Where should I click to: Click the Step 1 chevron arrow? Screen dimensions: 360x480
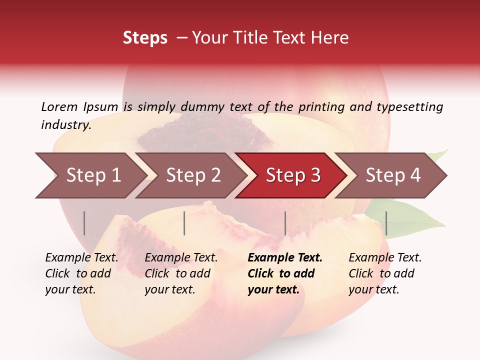(x=90, y=175)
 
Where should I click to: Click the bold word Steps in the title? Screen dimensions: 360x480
(x=145, y=38)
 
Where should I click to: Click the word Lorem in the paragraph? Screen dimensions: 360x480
(x=59, y=106)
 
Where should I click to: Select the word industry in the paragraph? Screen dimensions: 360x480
(x=66, y=125)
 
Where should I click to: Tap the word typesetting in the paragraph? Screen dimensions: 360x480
(x=409, y=106)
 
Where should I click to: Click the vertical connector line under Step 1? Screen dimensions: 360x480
(x=84, y=223)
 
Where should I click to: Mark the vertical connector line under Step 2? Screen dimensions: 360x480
(x=184, y=223)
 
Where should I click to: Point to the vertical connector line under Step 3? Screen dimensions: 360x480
(x=285, y=223)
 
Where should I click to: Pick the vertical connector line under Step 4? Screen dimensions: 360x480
(x=386, y=223)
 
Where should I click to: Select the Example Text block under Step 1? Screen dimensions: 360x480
(x=81, y=273)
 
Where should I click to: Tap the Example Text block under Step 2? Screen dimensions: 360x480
(x=181, y=273)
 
